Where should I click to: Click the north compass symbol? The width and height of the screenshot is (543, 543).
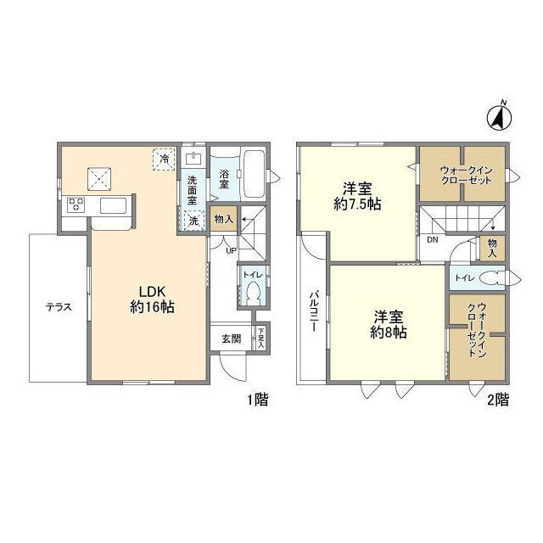500,117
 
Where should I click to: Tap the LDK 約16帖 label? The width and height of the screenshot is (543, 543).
152,299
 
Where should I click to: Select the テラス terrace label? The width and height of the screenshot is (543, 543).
59,307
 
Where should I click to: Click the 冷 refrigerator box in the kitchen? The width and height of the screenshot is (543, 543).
164,160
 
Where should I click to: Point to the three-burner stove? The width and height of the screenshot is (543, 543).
76,204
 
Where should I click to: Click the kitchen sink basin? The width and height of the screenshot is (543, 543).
113,205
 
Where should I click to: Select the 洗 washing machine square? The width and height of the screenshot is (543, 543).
193,220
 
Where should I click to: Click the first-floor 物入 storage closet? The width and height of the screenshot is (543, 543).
224,219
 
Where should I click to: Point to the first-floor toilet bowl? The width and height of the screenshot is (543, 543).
252,292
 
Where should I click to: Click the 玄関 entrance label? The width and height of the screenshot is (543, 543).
231,339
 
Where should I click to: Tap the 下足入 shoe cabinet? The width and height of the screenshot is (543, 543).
260,339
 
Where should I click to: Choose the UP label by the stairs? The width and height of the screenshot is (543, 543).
231,250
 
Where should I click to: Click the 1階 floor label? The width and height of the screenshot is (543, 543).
257,400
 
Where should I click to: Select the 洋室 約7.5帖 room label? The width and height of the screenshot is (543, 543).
357,197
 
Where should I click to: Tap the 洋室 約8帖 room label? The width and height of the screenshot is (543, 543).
389,324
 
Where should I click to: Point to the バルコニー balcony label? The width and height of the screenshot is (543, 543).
314,311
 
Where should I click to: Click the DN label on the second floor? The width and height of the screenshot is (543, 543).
432,239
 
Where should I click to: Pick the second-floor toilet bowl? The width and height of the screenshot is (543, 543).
492,277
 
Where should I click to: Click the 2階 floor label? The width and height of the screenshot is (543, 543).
498,400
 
